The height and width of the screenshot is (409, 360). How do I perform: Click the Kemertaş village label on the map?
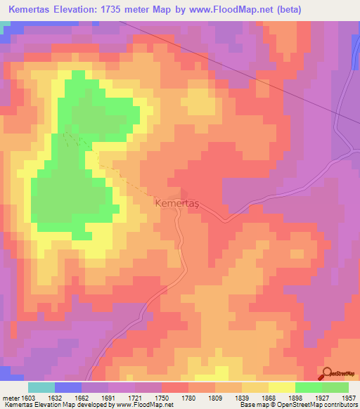(x=176, y=202)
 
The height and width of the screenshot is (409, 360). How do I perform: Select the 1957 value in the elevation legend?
(x=347, y=397)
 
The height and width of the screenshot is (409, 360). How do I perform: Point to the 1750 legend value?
(x=161, y=397)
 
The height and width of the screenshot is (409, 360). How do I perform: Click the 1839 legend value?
(x=241, y=397)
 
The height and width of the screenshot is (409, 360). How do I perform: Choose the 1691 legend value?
(x=108, y=397)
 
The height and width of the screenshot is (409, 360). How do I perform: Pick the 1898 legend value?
(x=294, y=397)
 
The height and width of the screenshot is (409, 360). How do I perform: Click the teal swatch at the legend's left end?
(x=41, y=387)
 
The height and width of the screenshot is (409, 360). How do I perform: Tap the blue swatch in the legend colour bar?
(x=67, y=387)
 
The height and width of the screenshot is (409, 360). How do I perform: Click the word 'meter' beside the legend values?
(x=10, y=397)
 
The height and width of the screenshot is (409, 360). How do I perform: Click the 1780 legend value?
(x=188, y=397)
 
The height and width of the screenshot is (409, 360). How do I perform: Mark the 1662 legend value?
(x=81, y=397)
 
